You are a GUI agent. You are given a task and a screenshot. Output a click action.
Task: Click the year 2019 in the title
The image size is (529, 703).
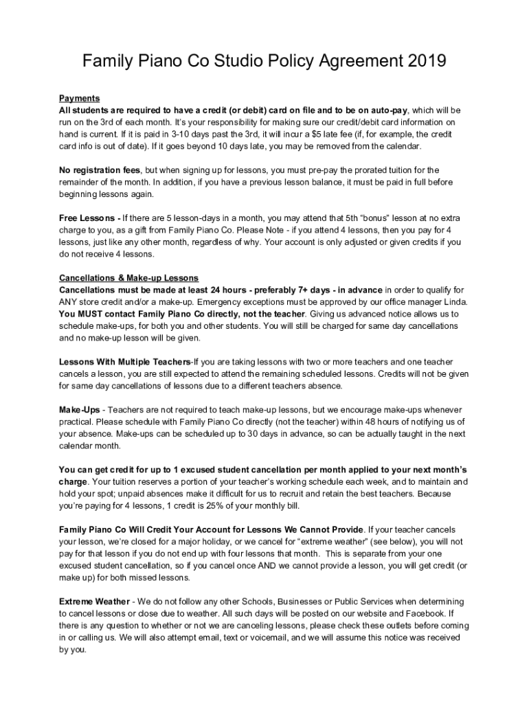coord(425,61)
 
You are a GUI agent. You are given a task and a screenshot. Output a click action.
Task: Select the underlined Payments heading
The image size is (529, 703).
coord(79,98)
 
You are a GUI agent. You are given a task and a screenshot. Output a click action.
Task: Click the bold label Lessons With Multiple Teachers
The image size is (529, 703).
coord(124,362)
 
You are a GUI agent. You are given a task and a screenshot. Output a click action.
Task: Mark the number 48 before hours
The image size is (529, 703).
coord(355,422)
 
